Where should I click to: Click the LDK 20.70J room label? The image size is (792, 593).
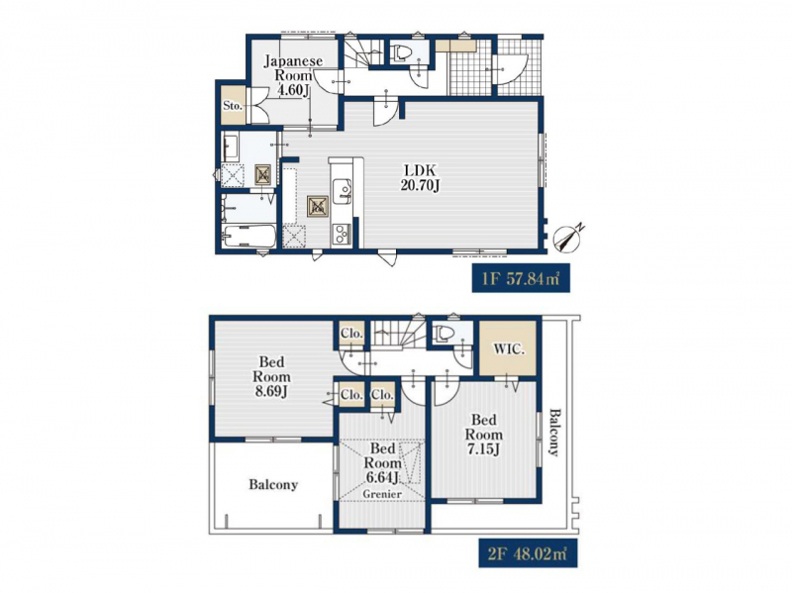tap(420, 177)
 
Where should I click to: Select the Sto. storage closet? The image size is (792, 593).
tap(234, 106)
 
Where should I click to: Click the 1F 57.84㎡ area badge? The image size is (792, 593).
tap(521, 278)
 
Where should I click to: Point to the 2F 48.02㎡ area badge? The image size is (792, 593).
tap(528, 552)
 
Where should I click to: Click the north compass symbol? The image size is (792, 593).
tap(567, 238)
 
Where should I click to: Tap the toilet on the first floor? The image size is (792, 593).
tap(402, 52)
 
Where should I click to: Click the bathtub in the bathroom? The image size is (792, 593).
tap(249, 237)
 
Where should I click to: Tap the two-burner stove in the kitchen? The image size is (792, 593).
tap(341, 235)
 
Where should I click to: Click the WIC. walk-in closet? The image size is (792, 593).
tap(508, 348)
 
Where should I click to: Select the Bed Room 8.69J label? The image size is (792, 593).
tap(271, 377)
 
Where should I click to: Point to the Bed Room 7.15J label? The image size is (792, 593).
tap(484, 435)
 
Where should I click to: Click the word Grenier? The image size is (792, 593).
tap(382, 494)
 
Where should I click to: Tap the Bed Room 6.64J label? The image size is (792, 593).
tap(382, 462)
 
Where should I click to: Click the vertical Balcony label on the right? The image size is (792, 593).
tap(554, 433)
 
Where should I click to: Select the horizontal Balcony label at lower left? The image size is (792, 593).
tap(273, 485)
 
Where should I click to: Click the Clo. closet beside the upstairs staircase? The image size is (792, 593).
tap(351, 334)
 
